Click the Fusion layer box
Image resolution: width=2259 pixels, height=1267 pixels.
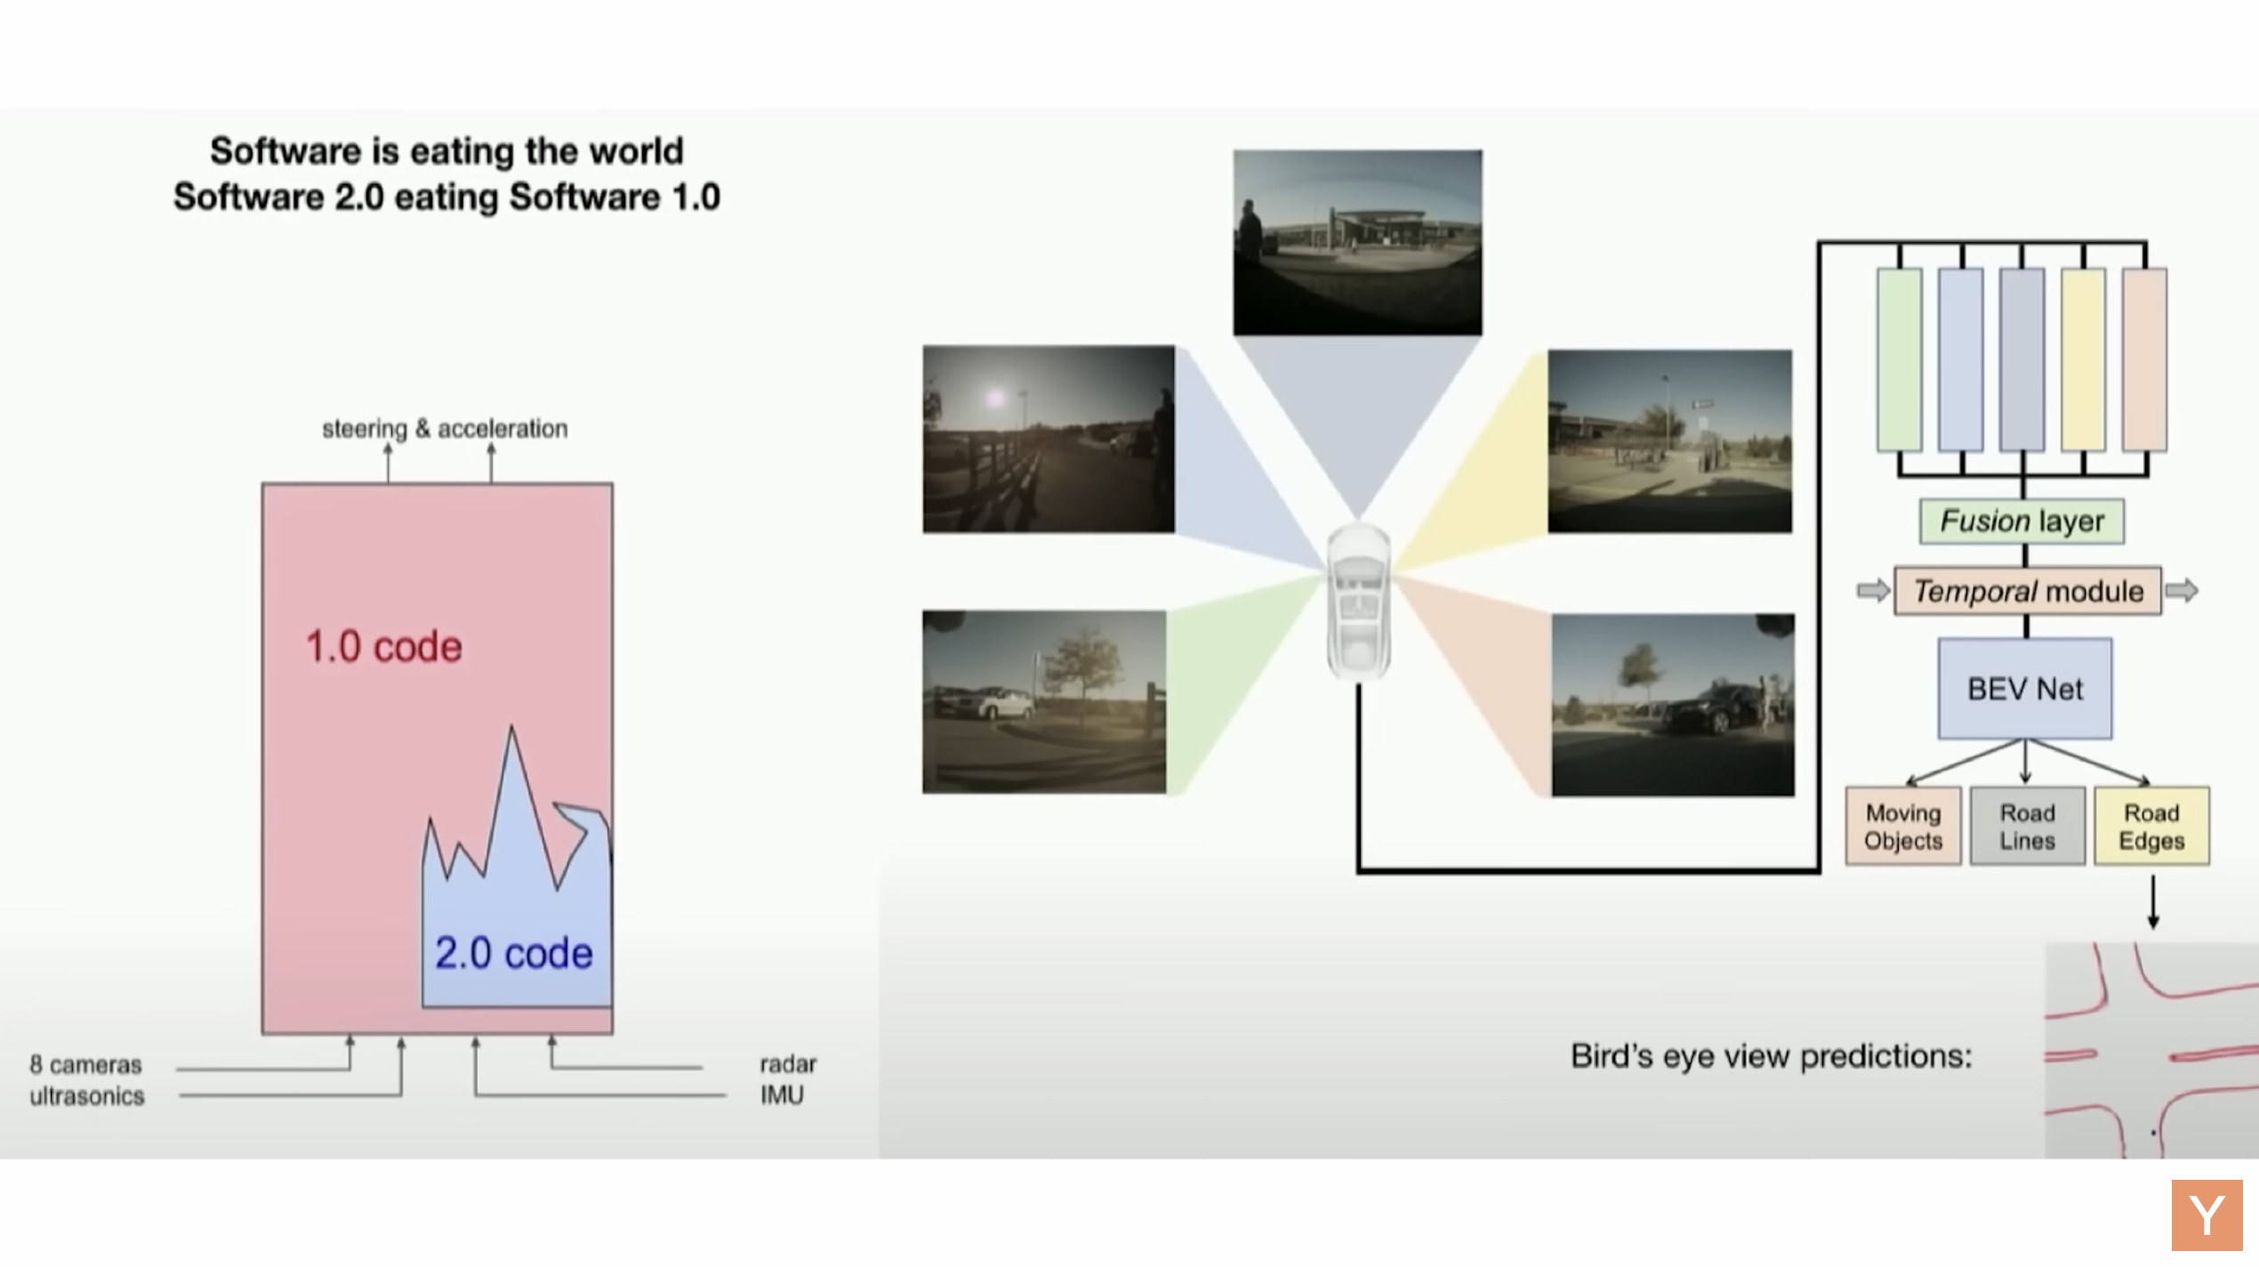(2022, 521)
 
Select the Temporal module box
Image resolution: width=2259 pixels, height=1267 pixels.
(2027, 591)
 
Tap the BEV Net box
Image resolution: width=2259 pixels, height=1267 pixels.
(2025, 689)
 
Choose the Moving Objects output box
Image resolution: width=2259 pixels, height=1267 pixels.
(1903, 827)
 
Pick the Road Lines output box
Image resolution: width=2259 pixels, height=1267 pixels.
(2027, 827)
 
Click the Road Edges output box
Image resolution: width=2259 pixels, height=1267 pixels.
(2151, 827)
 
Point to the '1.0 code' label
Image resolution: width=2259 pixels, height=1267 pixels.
(383, 647)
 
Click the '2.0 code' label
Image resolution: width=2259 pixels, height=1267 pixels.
(513, 953)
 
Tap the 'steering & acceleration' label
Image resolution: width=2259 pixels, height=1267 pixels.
(445, 429)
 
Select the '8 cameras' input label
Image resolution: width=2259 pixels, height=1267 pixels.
(85, 1065)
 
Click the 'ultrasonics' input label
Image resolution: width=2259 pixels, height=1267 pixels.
(86, 1096)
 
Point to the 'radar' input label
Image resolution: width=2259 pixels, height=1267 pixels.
(788, 1064)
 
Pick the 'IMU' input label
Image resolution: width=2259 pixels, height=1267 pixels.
(782, 1095)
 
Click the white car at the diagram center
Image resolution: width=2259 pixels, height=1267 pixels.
(1358, 601)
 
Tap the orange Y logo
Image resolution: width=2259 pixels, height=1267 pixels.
(2207, 1215)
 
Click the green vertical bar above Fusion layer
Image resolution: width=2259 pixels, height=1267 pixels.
(1899, 359)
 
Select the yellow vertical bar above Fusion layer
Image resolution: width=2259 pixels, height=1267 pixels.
(2083, 359)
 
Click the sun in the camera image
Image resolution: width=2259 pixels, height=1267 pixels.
(995, 399)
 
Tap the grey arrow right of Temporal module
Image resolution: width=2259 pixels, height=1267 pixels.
(2182, 590)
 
